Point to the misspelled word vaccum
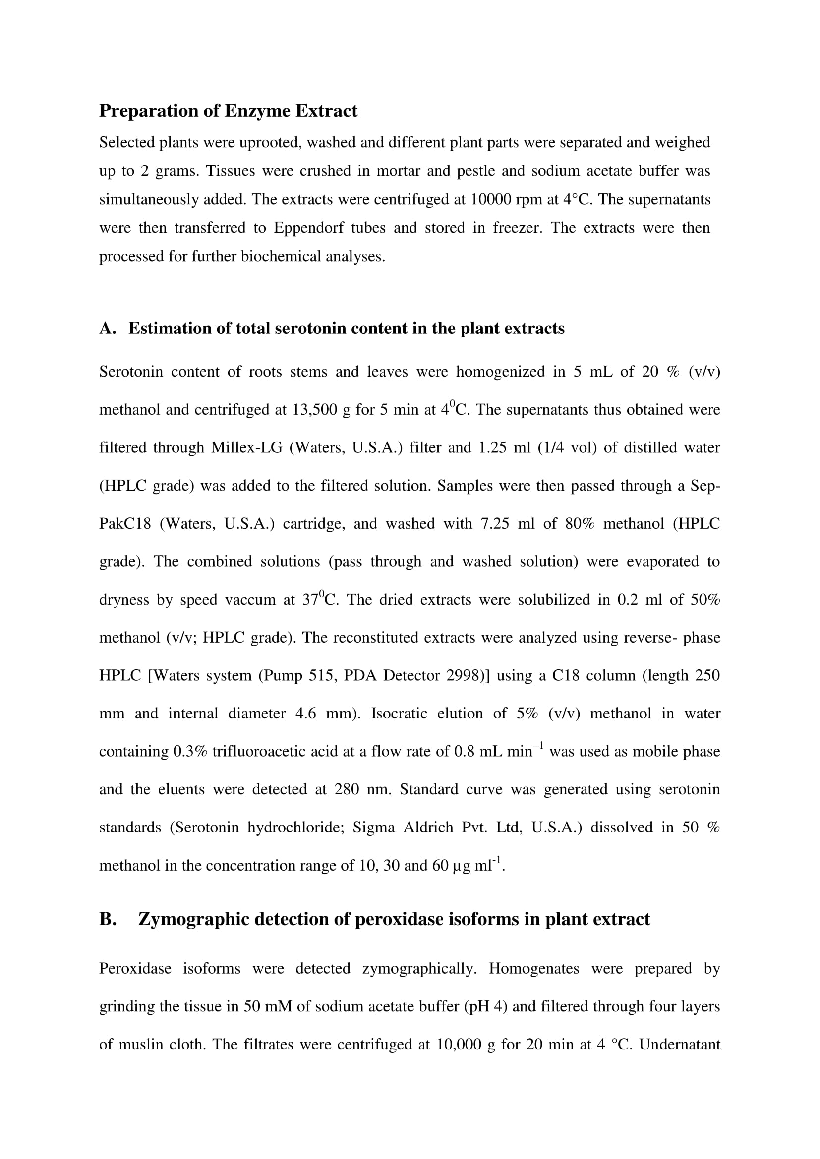pyautogui.click(x=251, y=600)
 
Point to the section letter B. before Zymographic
pyautogui.click(x=108, y=919)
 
